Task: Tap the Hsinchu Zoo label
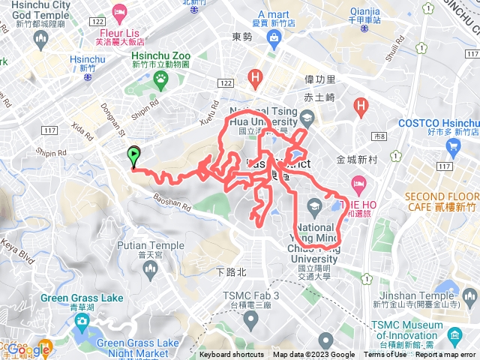[161, 56]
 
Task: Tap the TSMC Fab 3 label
[250, 295]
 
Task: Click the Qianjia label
[365, 11]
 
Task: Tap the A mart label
[273, 14]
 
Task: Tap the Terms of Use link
[385, 355]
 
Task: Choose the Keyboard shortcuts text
[232, 355]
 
